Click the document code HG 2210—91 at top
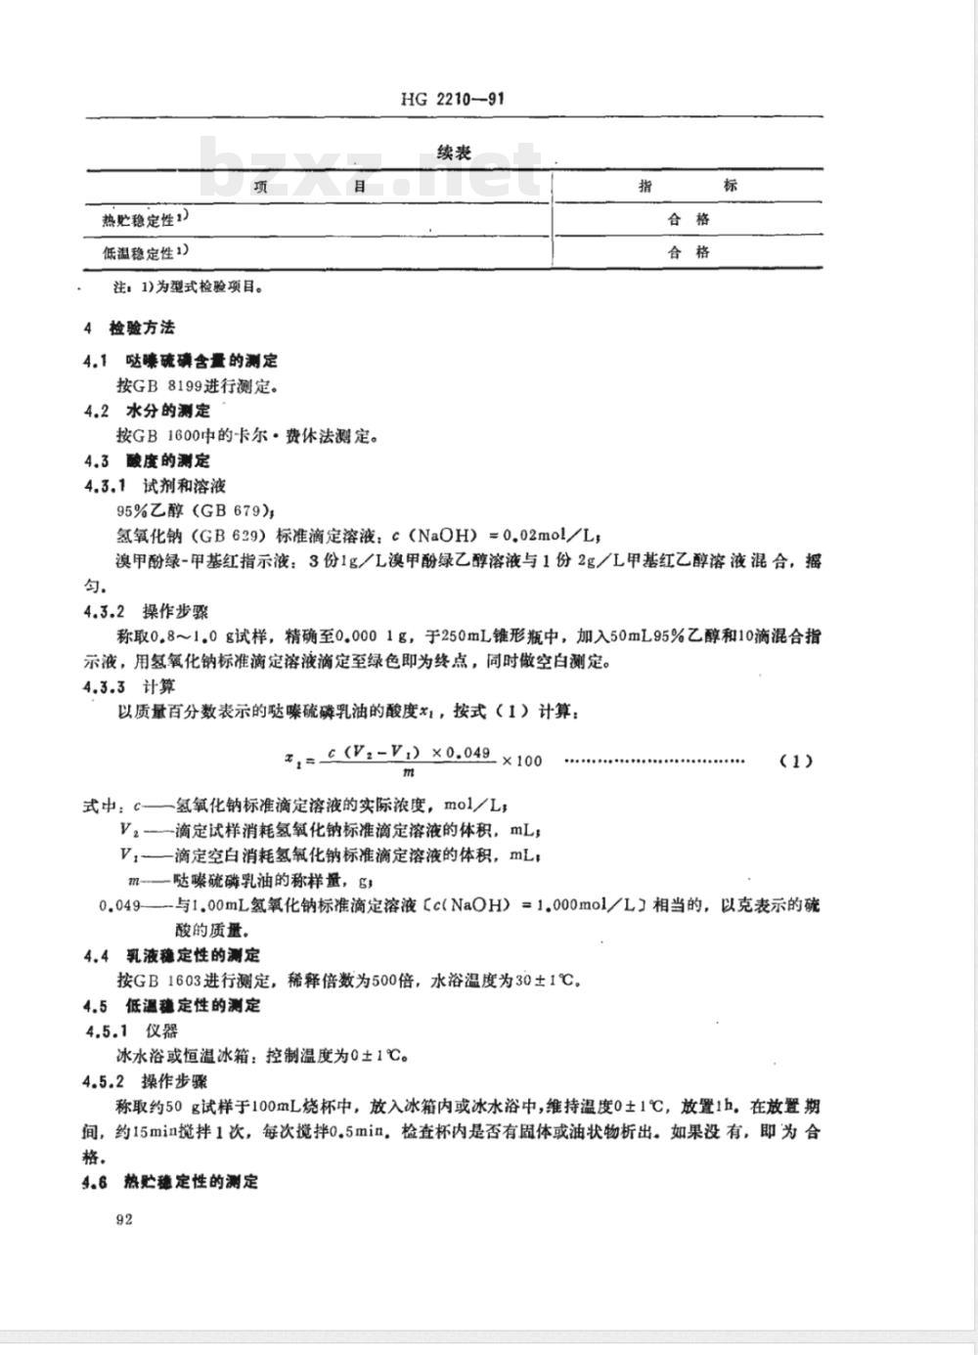(452, 99)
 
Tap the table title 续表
(455, 153)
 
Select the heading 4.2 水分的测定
(148, 411)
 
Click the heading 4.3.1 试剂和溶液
(156, 486)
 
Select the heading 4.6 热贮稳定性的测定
(172, 1182)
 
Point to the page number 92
(123, 1218)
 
